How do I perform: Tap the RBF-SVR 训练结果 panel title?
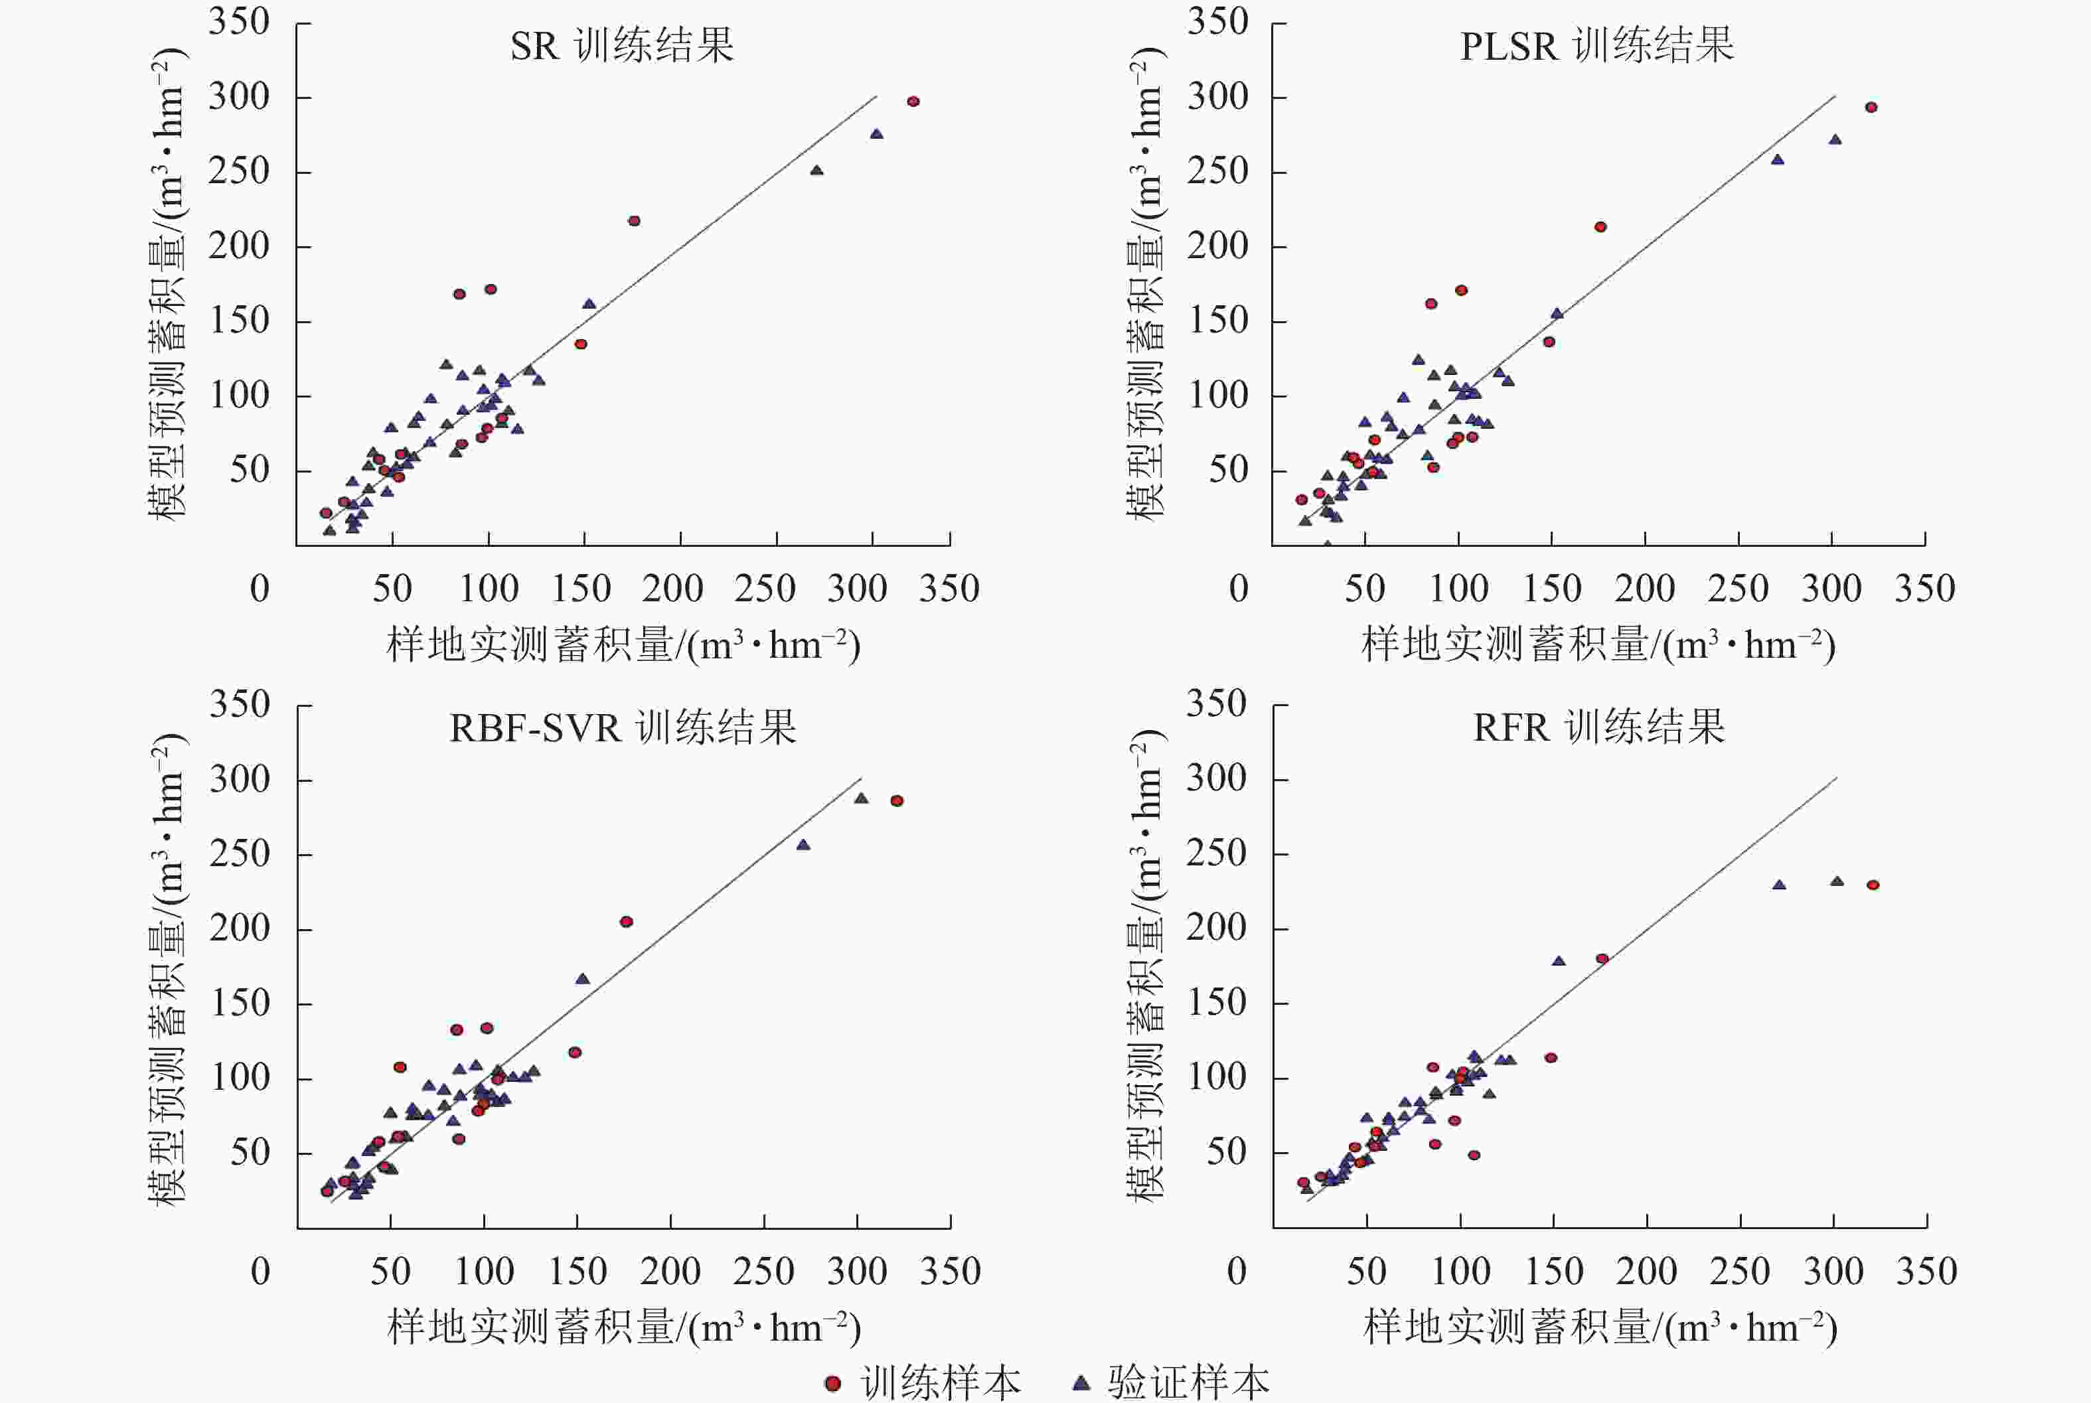(623, 727)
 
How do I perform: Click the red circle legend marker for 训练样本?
(832, 1383)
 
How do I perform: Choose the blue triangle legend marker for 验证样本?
(1081, 1382)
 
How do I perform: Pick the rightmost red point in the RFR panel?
(1873, 885)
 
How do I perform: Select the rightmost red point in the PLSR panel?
(1871, 108)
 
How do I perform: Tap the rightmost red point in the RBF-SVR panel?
(897, 801)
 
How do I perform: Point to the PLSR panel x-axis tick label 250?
(1738, 589)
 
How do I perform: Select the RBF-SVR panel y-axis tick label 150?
(240, 1003)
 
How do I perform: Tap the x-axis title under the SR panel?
(623, 645)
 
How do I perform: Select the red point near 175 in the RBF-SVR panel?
(627, 922)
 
